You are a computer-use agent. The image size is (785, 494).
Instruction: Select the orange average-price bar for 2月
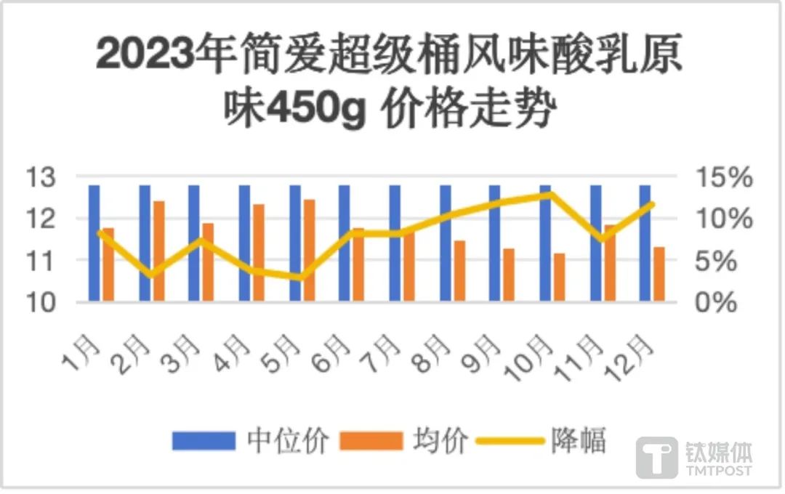point(158,251)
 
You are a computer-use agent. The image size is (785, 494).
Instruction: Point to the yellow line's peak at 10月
point(550,194)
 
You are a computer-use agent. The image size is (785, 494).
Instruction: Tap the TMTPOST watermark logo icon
point(657,458)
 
